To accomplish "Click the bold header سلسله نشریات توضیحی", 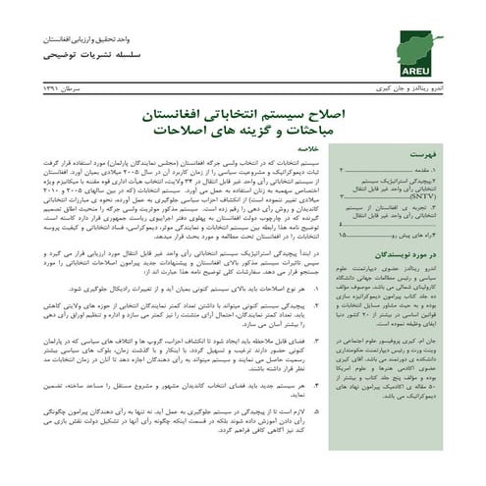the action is tap(83, 55).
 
